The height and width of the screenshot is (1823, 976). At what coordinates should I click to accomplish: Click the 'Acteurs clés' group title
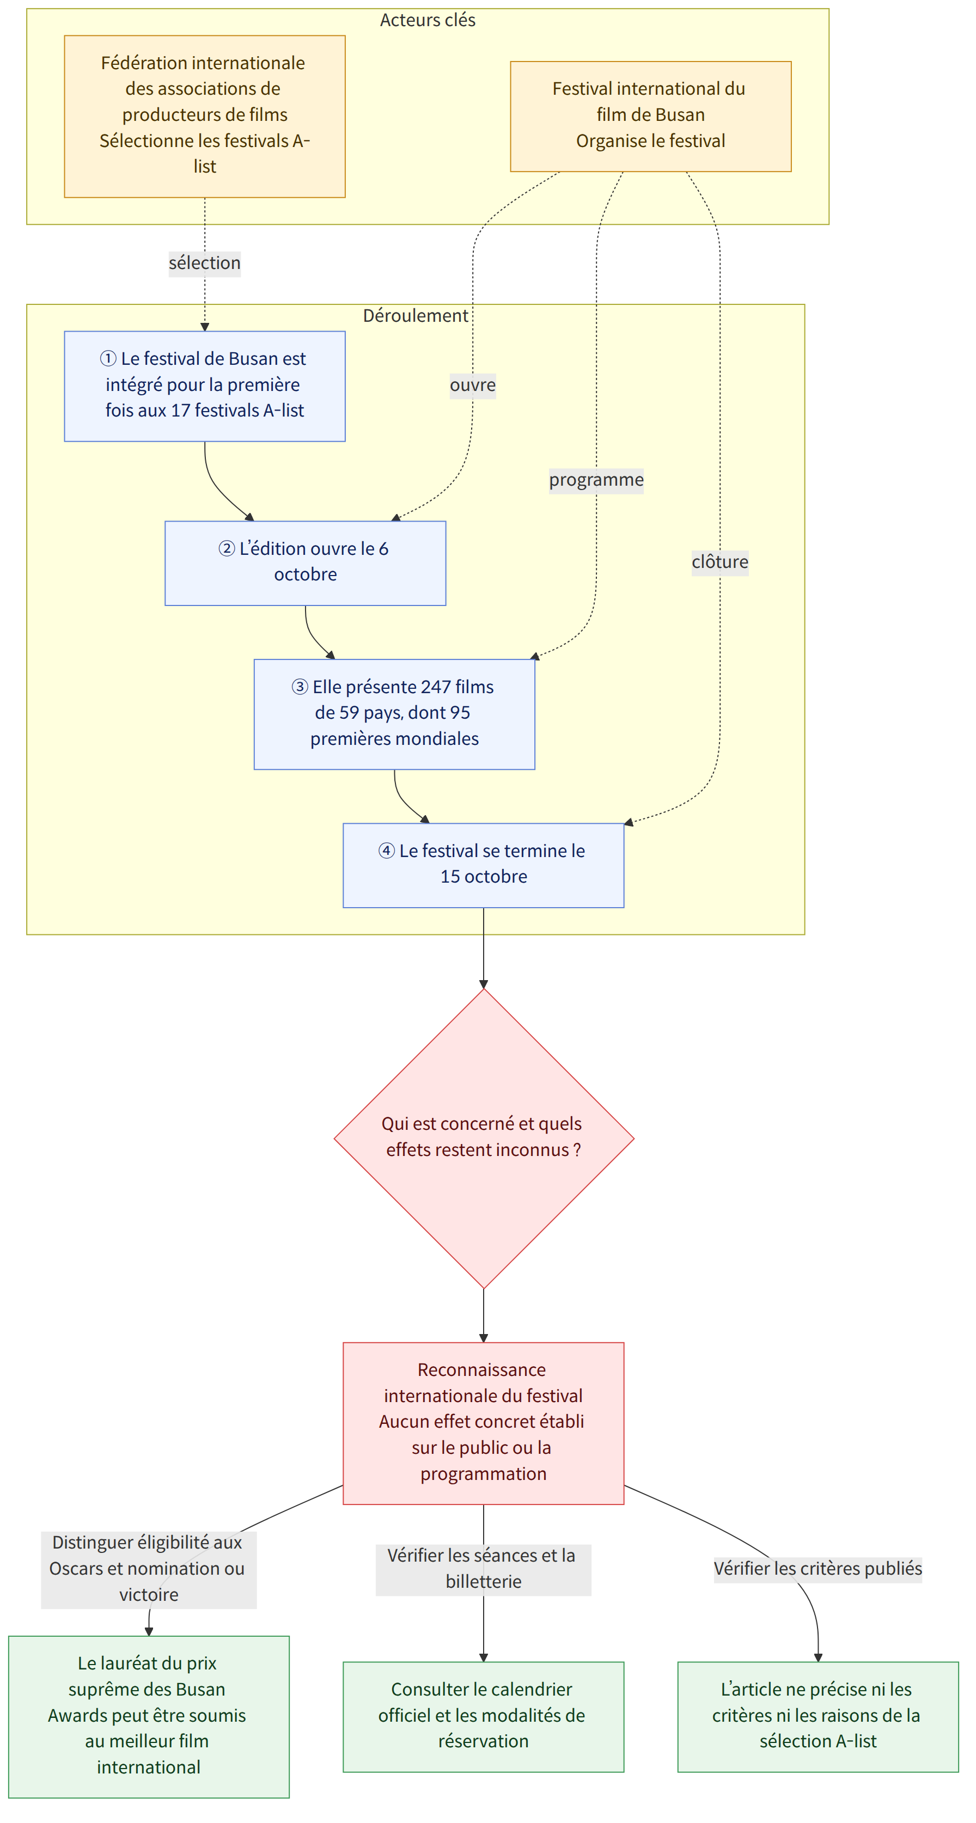tap(428, 20)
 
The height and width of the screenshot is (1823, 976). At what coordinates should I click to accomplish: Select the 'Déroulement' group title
tap(416, 316)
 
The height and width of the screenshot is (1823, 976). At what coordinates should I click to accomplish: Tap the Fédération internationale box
tap(205, 116)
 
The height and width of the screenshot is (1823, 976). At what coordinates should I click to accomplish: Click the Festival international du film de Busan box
tap(650, 116)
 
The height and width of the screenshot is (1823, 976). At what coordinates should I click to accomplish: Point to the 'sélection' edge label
tap(205, 263)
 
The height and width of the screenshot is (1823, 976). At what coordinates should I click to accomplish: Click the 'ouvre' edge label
tap(473, 386)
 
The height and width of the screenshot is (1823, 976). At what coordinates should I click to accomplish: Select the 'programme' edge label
tap(596, 480)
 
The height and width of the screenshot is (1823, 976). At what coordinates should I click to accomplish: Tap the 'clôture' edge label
tap(720, 562)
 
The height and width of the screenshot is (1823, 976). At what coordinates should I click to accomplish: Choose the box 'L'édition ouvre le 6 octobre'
tap(305, 564)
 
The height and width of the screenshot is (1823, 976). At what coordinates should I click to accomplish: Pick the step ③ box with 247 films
tap(394, 714)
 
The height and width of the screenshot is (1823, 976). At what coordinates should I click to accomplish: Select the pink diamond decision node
tap(484, 1138)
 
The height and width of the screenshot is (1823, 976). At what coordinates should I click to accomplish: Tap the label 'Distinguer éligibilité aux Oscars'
tap(149, 1568)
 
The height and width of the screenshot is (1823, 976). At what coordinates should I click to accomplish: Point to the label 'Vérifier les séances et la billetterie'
tap(484, 1569)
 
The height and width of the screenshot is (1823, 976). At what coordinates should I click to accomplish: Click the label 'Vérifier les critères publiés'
tap(818, 1569)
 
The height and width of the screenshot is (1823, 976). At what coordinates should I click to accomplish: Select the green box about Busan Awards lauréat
tap(149, 1716)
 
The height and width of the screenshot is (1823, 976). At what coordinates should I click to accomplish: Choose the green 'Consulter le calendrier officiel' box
tap(484, 1716)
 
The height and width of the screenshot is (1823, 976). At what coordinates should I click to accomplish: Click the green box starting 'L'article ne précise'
tap(818, 1716)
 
